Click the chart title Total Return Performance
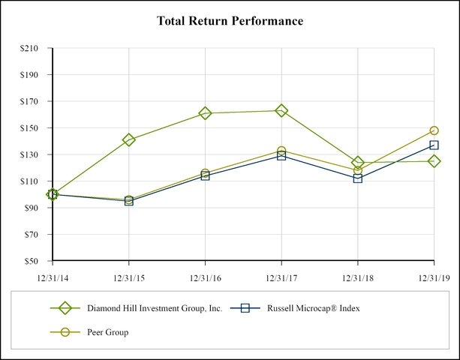click(x=230, y=21)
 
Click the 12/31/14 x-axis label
click(x=53, y=277)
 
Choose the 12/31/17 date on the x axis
click(x=281, y=277)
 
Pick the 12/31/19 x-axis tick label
click(x=433, y=277)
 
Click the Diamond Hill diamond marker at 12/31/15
click(x=129, y=139)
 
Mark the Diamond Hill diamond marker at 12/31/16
click(x=205, y=113)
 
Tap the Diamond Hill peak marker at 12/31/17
click(x=281, y=110)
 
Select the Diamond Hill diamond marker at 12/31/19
click(x=434, y=161)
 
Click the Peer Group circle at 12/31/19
click(x=434, y=130)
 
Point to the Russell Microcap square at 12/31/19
click(x=434, y=145)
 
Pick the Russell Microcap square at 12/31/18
click(x=357, y=178)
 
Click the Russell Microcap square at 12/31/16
click(x=205, y=175)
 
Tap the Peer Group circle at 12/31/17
click(x=281, y=151)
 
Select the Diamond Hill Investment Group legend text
click(x=155, y=308)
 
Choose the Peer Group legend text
click(x=107, y=332)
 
